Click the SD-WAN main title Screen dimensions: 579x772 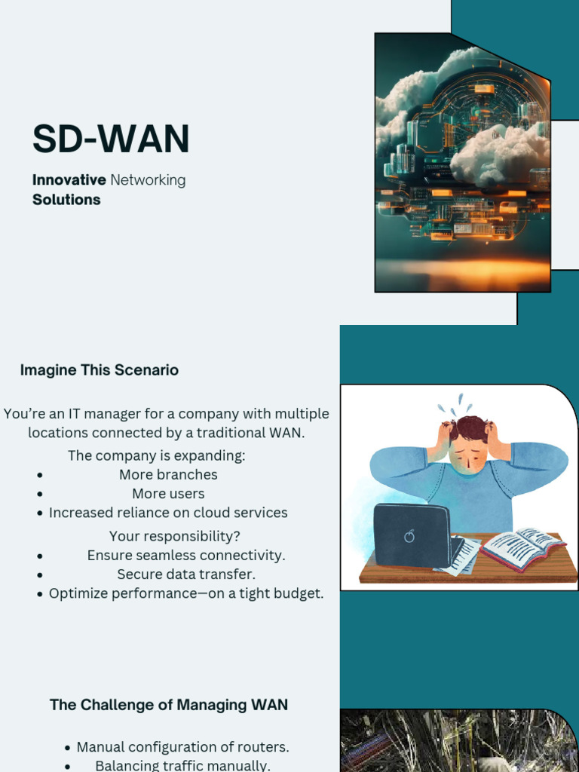click(111, 139)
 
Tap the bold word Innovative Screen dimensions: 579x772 click(69, 179)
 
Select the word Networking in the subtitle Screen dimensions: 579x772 click(148, 181)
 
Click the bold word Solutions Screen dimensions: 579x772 click(66, 199)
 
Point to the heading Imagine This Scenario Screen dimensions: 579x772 click(100, 369)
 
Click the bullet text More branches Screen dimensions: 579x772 click(168, 475)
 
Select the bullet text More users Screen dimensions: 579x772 click(168, 493)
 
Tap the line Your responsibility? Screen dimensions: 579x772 click(175, 536)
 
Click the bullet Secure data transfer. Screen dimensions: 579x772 click(186, 574)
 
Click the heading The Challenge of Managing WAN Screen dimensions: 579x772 click(169, 705)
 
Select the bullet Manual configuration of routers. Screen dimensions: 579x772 click(182, 747)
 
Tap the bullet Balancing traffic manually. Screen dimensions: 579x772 click(182, 766)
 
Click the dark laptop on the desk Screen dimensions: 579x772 click(414, 536)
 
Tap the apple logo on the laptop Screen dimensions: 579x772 click(409, 536)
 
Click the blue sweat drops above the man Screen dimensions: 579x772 click(455, 405)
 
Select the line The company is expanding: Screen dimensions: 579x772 click(157, 455)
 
